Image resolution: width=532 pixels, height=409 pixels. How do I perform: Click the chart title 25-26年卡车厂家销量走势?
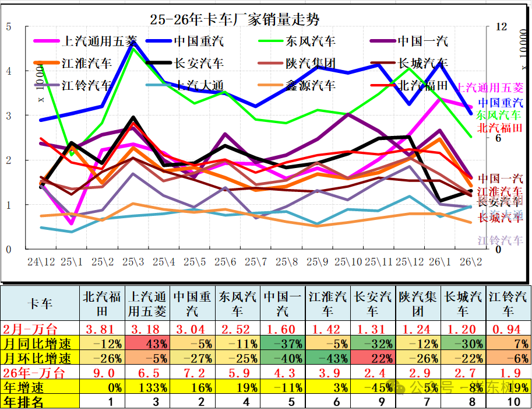pos(235,20)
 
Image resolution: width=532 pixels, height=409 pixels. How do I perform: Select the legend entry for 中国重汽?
pos(198,41)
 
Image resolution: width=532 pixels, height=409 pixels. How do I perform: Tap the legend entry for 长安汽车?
pos(198,63)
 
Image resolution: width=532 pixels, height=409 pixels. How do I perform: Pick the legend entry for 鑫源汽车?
pos(311,85)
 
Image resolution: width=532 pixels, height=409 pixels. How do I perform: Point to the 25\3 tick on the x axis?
pos(133,261)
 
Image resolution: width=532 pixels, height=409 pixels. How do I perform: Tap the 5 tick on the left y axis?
pos(8,26)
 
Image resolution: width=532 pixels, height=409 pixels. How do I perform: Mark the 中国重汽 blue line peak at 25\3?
pos(133,42)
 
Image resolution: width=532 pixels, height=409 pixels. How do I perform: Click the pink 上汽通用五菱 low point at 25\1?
pos(71,223)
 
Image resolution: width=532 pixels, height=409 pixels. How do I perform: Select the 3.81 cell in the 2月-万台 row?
pos(103,328)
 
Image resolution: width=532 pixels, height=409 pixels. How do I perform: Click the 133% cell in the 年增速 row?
pos(147,387)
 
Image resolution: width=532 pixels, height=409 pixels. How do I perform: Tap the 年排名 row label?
pos(24,401)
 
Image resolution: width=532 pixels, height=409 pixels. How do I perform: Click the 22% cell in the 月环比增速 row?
pos(374,358)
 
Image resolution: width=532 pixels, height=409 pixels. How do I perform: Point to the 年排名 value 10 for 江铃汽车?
pos(509,401)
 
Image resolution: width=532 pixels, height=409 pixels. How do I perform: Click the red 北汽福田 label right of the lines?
pos(499,128)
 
